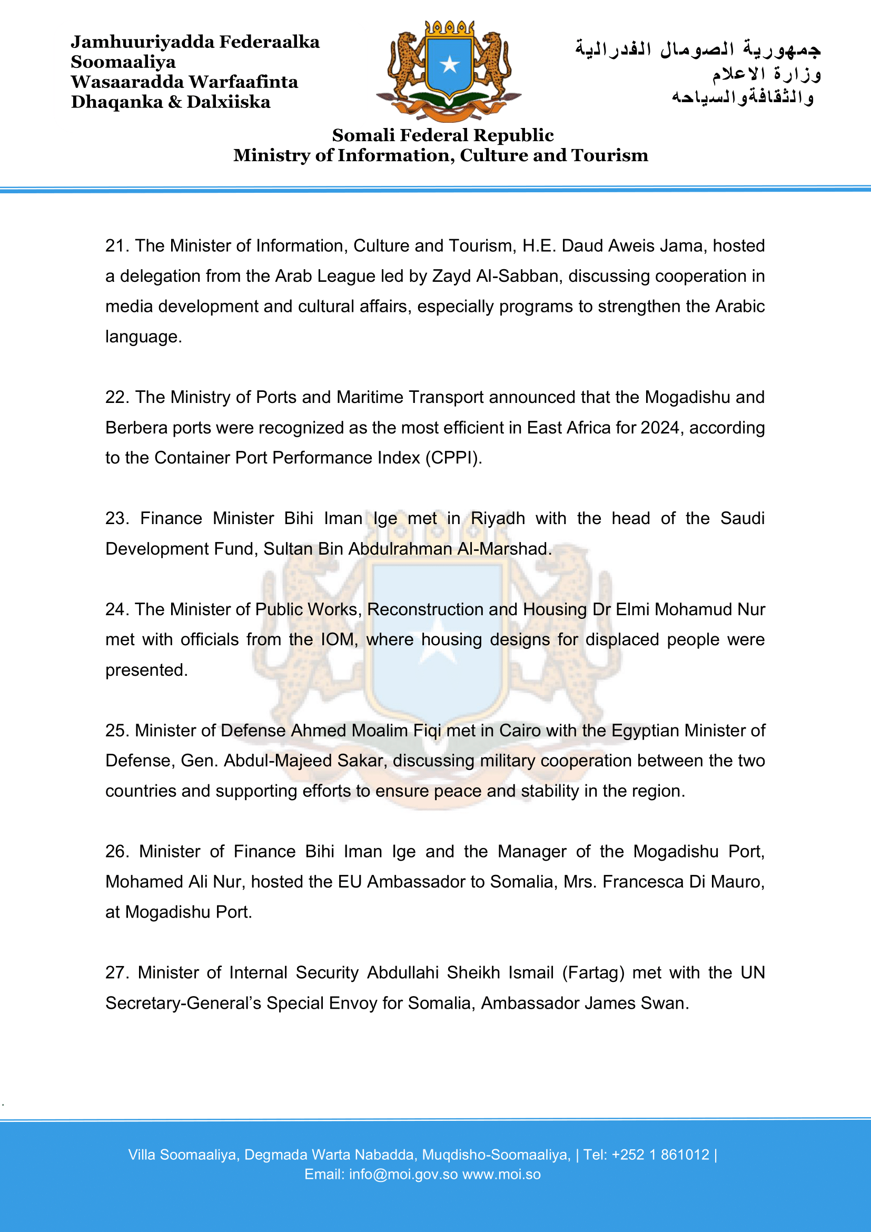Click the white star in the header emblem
449,65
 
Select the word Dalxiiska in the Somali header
229,102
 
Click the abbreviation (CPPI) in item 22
454,458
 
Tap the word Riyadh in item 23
498,518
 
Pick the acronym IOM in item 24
338,639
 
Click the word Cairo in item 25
520,731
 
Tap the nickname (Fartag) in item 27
593,973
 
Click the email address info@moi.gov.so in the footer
403,1175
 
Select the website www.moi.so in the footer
501,1175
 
